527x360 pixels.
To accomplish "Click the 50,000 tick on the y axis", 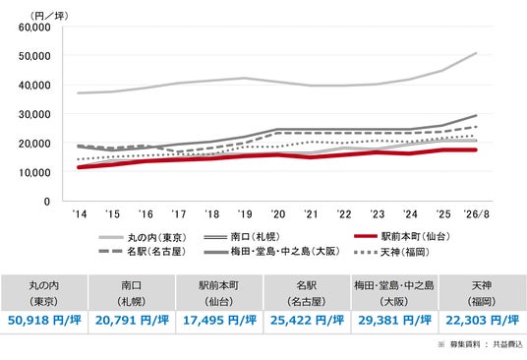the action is click(34, 56).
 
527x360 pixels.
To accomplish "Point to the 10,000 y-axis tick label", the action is click(34, 172).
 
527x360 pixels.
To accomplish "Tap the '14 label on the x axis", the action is click(80, 214).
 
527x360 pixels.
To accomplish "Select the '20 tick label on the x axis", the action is click(278, 214).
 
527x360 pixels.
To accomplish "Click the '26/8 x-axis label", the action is click(477, 214).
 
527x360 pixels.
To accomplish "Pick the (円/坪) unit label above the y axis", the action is click(49, 16).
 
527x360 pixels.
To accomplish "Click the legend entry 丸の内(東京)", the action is click(143, 237).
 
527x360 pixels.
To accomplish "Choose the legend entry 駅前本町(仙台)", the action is click(402, 236).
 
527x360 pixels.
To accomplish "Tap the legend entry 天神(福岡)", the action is click(392, 252).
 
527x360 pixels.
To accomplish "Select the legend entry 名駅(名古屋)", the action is click(143, 251).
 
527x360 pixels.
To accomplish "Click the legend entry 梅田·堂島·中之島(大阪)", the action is click(272, 251).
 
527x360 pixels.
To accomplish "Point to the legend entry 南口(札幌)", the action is click(242, 237).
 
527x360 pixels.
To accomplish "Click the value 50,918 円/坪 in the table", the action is click(44, 320).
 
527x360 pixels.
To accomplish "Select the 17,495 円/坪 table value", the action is click(219, 320).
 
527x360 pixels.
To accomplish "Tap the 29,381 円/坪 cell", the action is click(395, 320).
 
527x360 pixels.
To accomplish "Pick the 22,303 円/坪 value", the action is click(483, 320).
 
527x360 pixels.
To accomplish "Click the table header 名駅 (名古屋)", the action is click(307, 293).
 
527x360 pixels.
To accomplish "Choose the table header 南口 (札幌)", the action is click(132, 293).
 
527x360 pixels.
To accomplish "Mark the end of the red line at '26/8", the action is click(476, 150).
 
